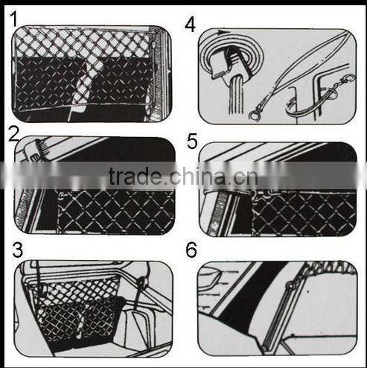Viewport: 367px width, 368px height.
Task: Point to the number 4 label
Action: [x=191, y=24]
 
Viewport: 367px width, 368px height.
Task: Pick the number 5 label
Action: [x=193, y=141]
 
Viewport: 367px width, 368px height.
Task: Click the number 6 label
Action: [x=191, y=250]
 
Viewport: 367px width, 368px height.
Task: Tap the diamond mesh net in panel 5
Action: [x=298, y=212]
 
